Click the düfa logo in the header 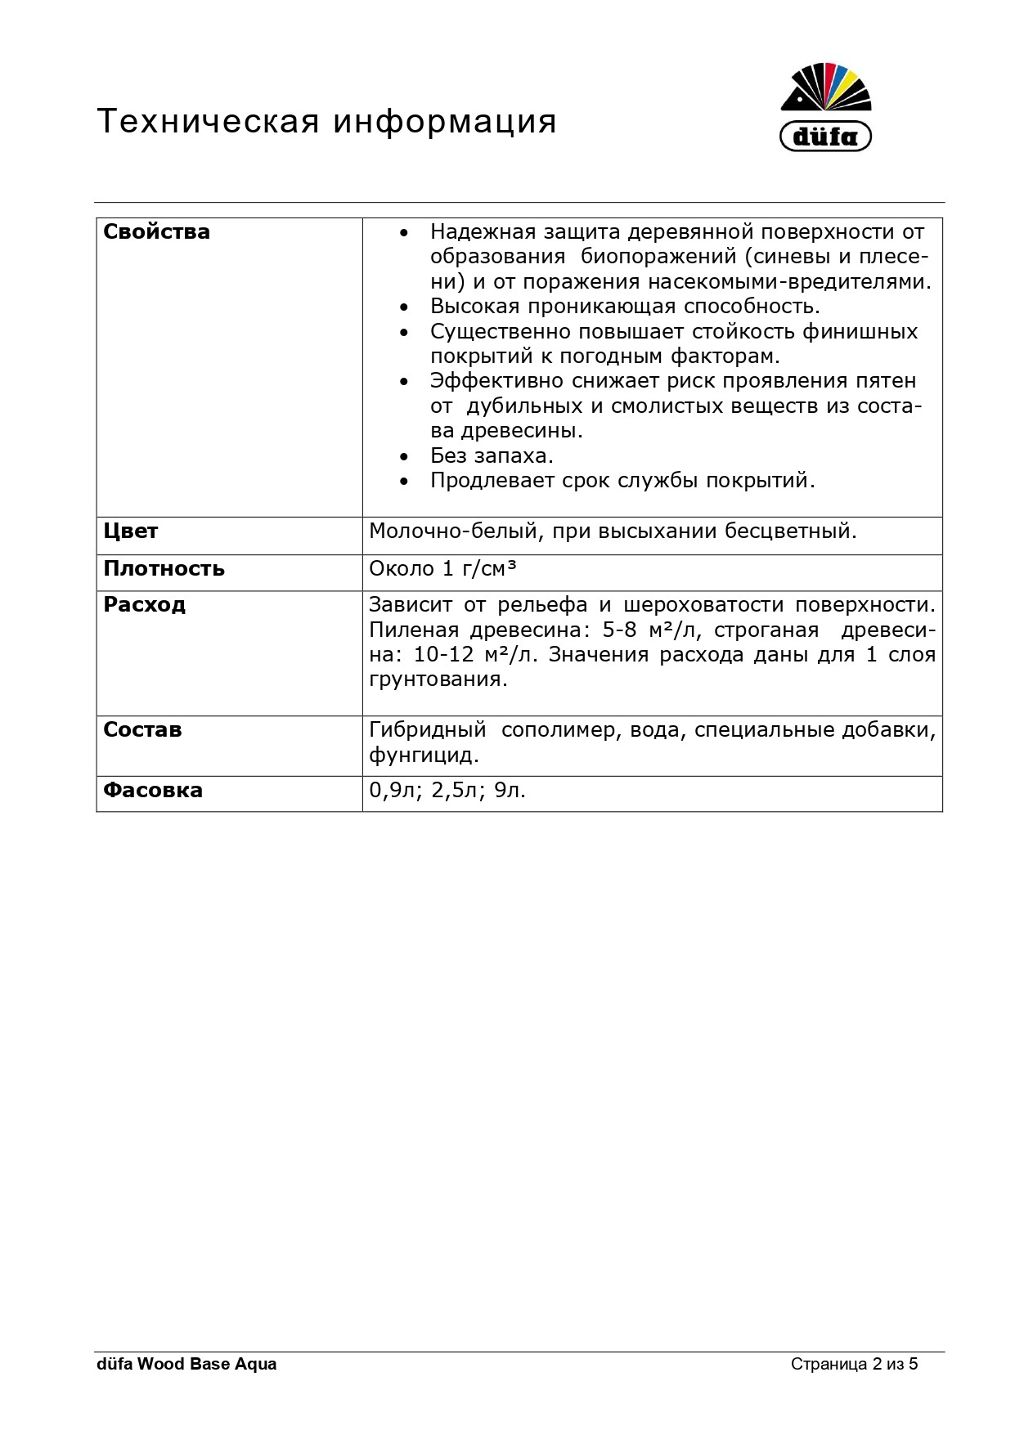826,107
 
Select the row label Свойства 156,232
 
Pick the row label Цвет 130,531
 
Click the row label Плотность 164,569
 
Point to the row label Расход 144,605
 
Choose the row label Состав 142,730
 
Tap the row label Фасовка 153,791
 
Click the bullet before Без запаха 403,457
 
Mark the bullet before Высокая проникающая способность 403,308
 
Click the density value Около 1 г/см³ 442,569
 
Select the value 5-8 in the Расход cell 619,630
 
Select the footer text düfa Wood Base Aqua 186,1364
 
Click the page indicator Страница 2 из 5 854,1364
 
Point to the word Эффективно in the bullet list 496,382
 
